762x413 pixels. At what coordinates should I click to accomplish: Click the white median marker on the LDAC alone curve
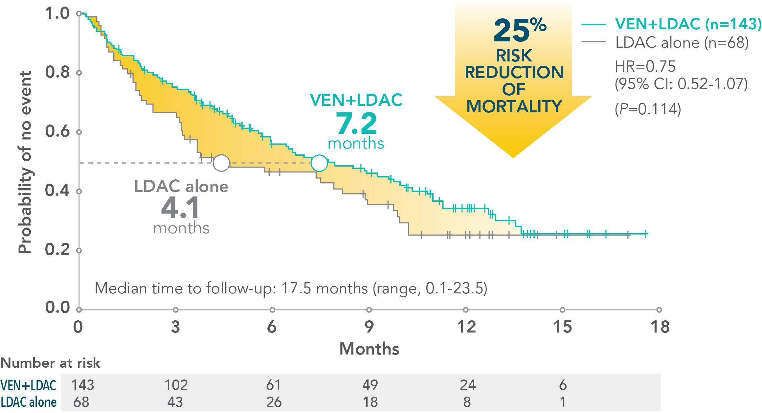click(x=221, y=163)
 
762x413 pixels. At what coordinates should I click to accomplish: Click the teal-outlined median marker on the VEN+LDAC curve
click(x=319, y=163)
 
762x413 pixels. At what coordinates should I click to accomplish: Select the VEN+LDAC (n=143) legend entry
click(x=688, y=24)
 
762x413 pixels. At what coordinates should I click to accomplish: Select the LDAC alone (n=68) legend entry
click(x=682, y=43)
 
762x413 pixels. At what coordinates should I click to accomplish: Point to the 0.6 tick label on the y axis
click(x=57, y=131)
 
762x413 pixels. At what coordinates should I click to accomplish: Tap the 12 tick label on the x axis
click(x=466, y=327)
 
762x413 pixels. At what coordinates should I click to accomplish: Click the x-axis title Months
click(x=369, y=349)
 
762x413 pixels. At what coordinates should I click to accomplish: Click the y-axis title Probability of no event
click(x=25, y=162)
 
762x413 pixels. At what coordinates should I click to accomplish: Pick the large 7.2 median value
click(x=356, y=124)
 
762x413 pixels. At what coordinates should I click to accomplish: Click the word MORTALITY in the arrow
click(x=514, y=106)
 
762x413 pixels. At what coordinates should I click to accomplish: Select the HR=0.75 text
click(x=645, y=67)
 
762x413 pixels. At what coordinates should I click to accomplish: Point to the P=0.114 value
click(x=648, y=109)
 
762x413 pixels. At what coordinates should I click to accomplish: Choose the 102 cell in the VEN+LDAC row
click(x=176, y=385)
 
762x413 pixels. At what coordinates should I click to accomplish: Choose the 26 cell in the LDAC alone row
click(x=274, y=402)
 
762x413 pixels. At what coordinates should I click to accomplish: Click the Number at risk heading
click(x=50, y=363)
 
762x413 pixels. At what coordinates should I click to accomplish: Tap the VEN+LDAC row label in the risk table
click(x=29, y=385)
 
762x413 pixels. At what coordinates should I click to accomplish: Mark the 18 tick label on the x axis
click(x=660, y=327)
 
